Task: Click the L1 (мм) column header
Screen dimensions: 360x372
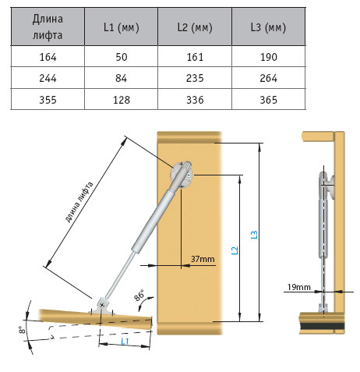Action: click(x=121, y=27)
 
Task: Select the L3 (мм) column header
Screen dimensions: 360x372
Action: click(x=268, y=27)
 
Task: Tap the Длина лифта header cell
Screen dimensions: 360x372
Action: click(x=48, y=27)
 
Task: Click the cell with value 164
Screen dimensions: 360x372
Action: click(x=48, y=57)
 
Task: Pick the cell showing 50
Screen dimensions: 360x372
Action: click(x=121, y=57)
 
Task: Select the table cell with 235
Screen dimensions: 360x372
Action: click(x=195, y=78)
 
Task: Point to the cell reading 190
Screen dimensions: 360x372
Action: click(x=268, y=57)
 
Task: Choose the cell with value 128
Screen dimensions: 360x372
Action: click(x=121, y=100)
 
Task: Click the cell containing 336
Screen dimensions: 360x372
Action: click(x=195, y=100)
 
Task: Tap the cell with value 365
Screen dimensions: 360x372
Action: click(x=268, y=100)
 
